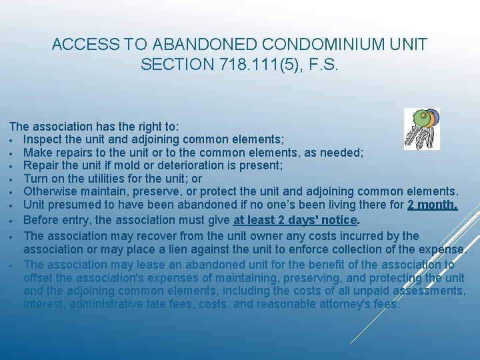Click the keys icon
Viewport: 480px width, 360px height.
pos(422,128)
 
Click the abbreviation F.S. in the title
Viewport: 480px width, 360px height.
pos(320,65)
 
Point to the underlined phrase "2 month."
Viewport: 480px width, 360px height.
pos(433,205)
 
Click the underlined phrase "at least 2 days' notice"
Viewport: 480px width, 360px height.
pos(295,220)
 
